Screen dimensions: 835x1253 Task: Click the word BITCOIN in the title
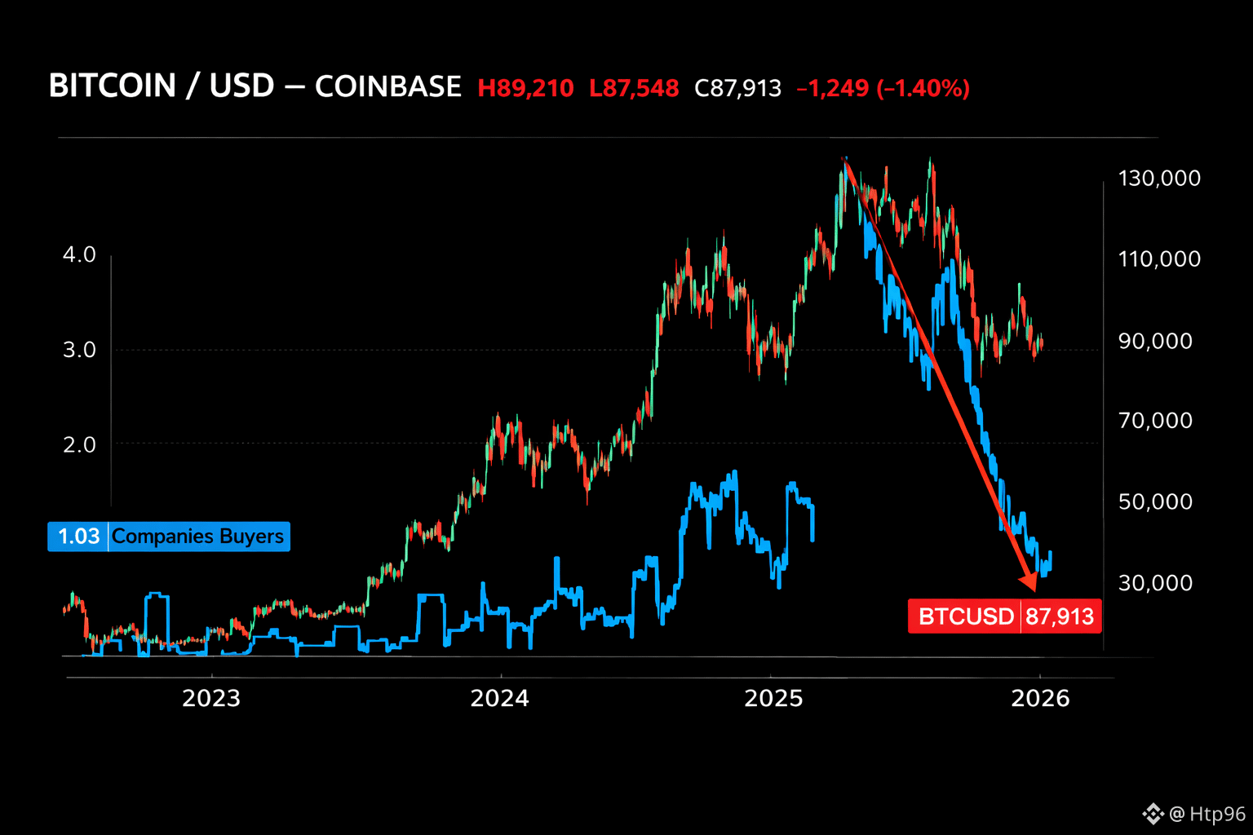[x=113, y=86]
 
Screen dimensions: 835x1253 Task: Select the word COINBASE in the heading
[x=388, y=86]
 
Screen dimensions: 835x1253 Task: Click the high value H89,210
[x=525, y=88]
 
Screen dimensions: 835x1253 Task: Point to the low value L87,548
[x=634, y=88]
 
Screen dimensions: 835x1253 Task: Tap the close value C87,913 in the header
[x=737, y=88]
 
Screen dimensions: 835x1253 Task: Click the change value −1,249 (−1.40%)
[x=883, y=88]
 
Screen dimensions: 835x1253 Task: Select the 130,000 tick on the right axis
[x=1159, y=179]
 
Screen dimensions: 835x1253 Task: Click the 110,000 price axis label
[x=1159, y=259]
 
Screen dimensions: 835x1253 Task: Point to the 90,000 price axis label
[x=1155, y=341]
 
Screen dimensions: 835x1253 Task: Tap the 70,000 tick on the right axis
[x=1155, y=421]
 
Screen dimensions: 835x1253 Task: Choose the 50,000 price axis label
[x=1155, y=501]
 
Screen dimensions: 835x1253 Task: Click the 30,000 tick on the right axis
[x=1155, y=582]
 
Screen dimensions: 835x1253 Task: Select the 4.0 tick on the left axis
[x=79, y=254]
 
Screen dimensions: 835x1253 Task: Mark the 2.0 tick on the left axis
[x=79, y=444]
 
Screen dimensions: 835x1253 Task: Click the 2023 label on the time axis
[x=211, y=698]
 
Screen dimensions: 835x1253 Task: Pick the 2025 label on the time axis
[x=773, y=698]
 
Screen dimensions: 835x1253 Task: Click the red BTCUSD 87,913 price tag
[x=1005, y=616]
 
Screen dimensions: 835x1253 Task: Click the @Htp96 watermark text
[x=1207, y=814]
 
